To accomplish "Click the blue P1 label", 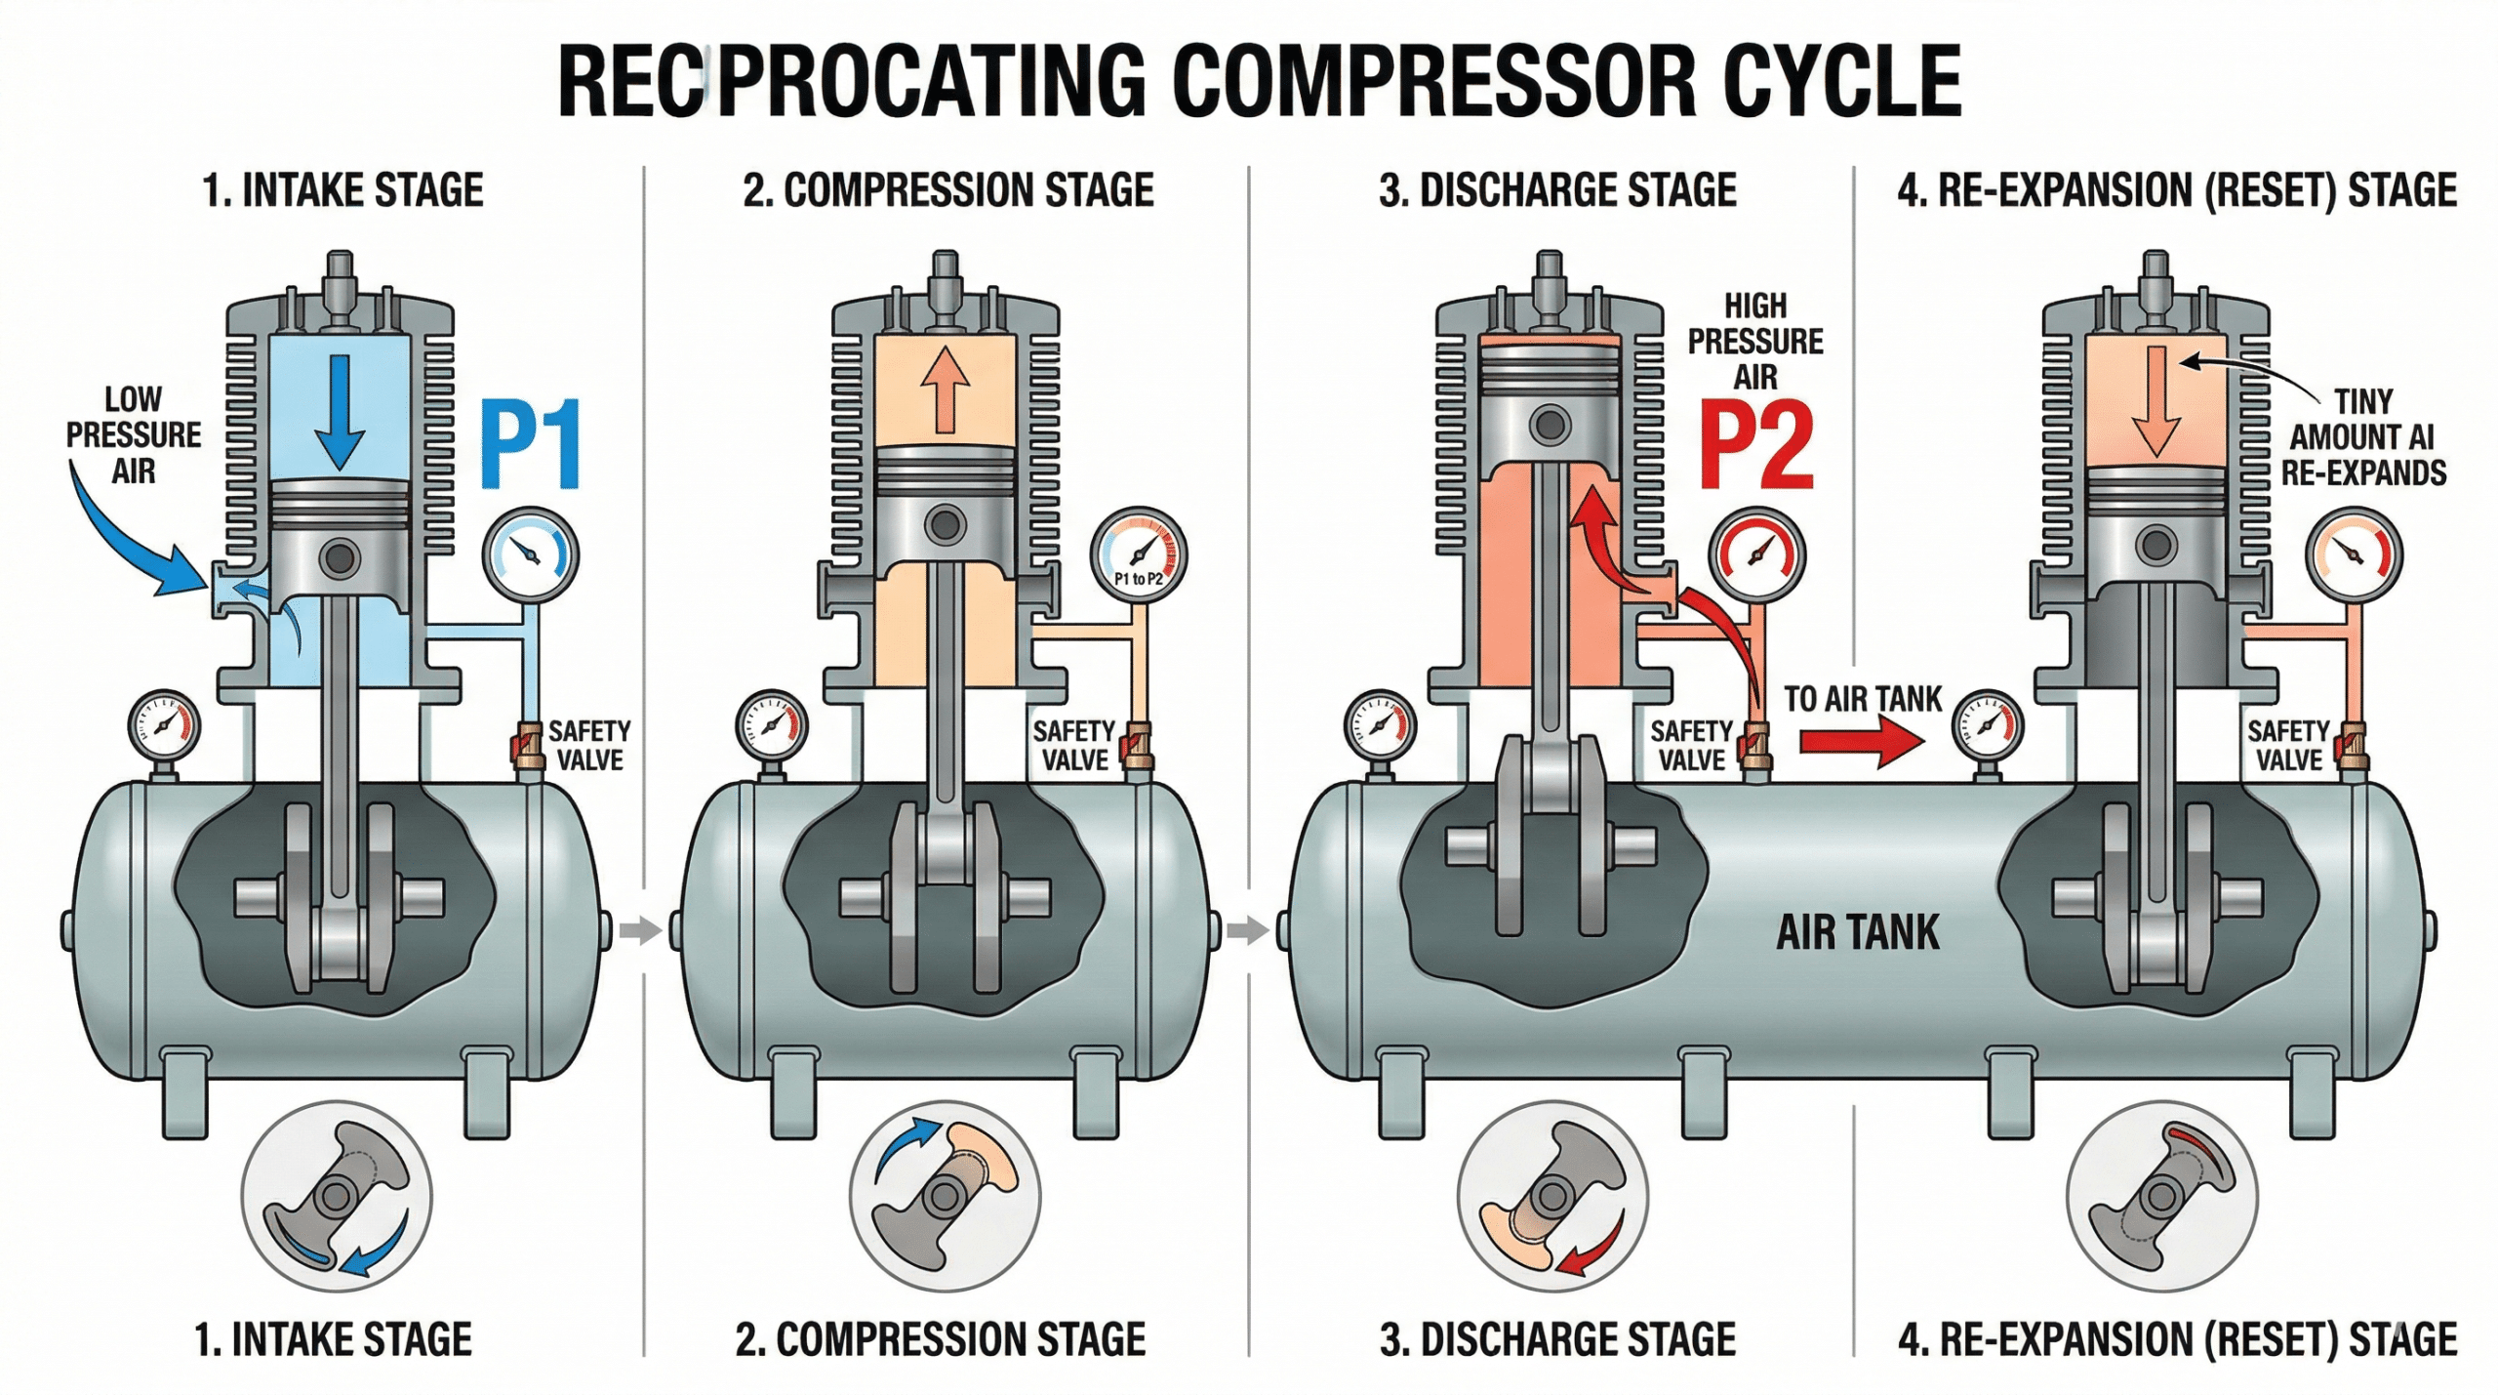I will (x=532, y=444).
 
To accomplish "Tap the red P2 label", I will (x=1756, y=446).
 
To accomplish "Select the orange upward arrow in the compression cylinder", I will (x=945, y=390).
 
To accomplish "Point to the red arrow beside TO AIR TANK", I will (x=1860, y=741).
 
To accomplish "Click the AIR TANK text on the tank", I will (x=1857, y=932).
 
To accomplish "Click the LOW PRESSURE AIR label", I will (x=134, y=434).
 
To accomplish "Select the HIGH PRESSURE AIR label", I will (x=1755, y=341).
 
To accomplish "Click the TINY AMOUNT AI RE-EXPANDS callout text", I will (x=2362, y=437).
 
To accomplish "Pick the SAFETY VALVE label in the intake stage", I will (x=588, y=745).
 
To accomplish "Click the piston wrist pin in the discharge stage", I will (x=1550, y=426).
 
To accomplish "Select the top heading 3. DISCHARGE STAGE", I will (x=1557, y=190).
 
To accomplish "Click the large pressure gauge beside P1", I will (x=531, y=554).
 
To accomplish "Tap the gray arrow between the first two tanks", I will (x=639, y=929).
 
